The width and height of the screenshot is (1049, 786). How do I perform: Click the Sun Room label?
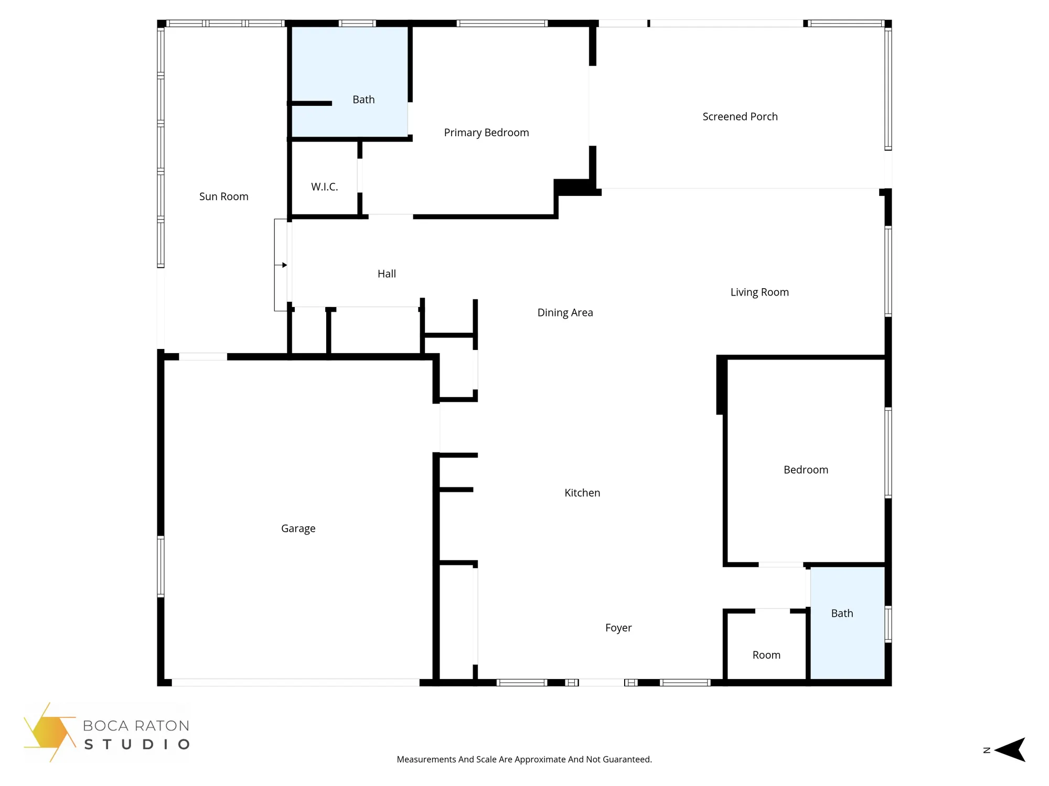[223, 196]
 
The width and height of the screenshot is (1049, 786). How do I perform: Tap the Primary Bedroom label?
[486, 133]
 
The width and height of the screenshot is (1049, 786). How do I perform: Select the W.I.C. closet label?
[324, 187]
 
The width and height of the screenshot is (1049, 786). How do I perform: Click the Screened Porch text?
[740, 117]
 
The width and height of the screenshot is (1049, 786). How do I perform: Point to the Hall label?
[387, 274]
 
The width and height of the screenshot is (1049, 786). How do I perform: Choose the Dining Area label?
[565, 313]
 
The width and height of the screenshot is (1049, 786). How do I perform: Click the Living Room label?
[759, 292]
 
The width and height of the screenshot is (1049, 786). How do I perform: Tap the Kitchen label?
[582, 493]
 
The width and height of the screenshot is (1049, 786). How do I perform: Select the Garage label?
[298, 529]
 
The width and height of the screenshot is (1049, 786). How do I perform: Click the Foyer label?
[618, 628]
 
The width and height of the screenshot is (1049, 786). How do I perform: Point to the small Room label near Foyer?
[766, 655]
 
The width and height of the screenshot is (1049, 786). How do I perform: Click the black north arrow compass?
[1011, 750]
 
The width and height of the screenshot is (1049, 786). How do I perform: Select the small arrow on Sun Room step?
[284, 265]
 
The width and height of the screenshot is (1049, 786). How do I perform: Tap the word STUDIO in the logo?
[136, 745]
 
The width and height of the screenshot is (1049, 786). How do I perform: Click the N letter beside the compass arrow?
[987, 750]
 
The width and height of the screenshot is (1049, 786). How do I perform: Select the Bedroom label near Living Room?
[805, 470]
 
